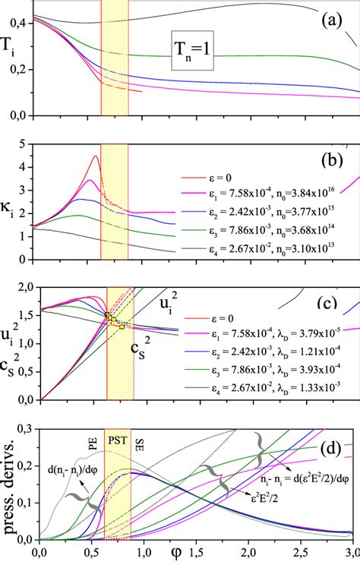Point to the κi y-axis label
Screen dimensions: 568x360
(x=11, y=204)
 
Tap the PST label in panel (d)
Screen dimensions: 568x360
(x=118, y=438)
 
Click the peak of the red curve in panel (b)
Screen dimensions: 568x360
(x=96, y=156)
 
